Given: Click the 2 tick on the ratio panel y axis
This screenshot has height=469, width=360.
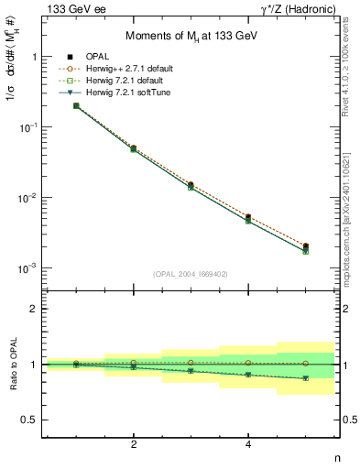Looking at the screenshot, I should pos(32,309).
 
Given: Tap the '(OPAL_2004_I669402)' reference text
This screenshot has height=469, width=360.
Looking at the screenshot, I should pos(191,273).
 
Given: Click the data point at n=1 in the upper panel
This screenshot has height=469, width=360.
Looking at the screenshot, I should pos(76,106).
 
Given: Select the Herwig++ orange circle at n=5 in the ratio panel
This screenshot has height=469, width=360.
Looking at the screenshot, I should pos(305,364).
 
